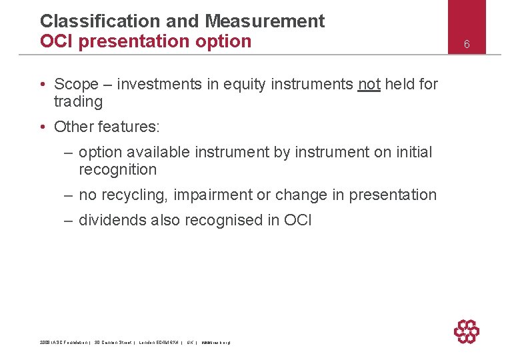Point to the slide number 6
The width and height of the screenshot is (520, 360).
pos(467,44)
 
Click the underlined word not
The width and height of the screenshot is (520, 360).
pos(369,84)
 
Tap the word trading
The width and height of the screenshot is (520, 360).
pos(78,102)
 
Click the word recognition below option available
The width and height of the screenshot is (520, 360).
pos(117,170)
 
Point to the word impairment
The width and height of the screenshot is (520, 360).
pos(214,195)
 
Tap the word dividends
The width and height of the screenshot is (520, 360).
pos(108,221)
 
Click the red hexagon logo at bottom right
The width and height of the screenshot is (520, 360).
pos(466,331)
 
